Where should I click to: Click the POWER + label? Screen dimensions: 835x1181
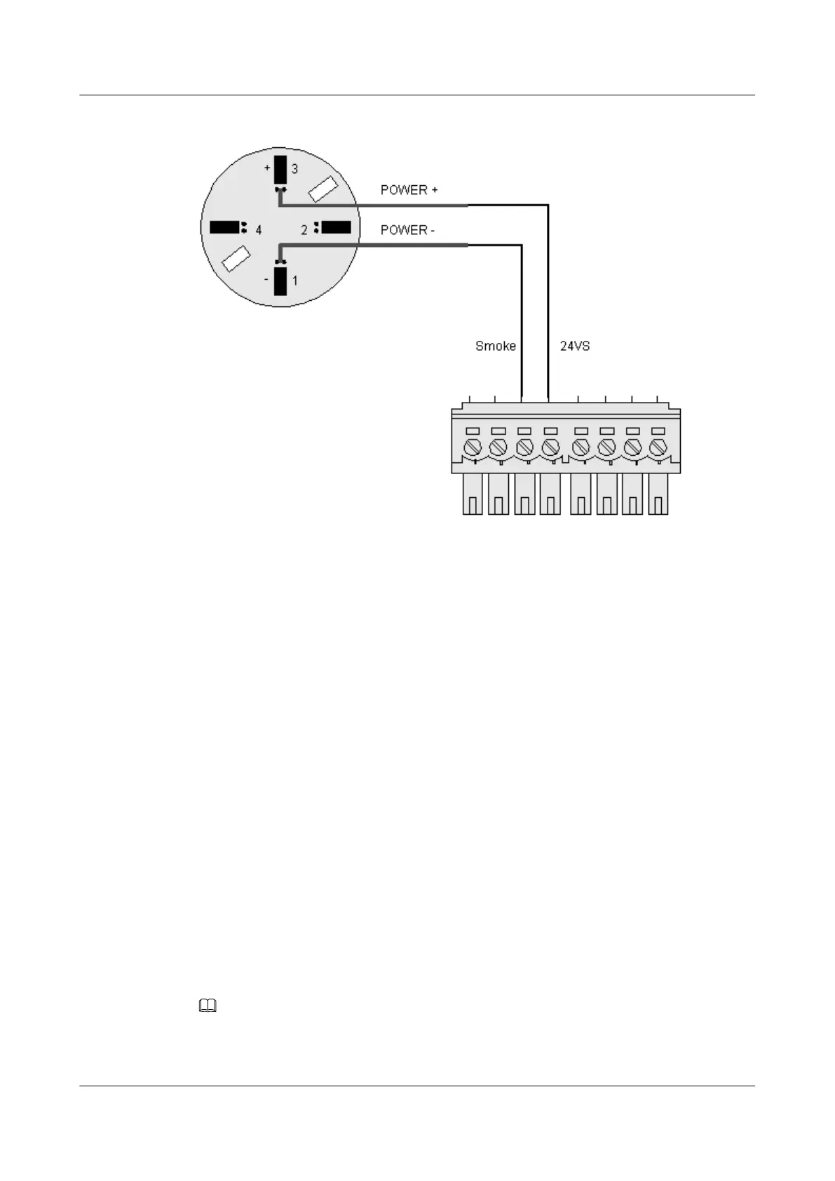coord(409,190)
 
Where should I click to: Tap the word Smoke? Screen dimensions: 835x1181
coord(495,346)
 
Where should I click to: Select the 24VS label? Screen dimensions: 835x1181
coord(575,346)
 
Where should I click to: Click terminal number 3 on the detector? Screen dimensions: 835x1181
coord(295,169)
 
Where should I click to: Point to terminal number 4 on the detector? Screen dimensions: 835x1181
coord(258,230)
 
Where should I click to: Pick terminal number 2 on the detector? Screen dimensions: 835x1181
coord(304,230)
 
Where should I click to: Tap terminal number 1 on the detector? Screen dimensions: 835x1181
coord(294,281)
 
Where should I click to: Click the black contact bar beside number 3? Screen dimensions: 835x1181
coord(281,170)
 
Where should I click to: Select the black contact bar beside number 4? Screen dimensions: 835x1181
coord(223,227)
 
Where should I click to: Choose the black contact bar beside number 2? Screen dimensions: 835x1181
coord(337,227)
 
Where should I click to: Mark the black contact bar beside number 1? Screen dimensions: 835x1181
coord(281,282)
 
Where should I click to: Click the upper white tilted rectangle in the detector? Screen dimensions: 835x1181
coord(323,189)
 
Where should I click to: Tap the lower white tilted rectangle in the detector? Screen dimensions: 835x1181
coord(236,259)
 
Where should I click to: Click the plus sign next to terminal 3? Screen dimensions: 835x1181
coord(267,168)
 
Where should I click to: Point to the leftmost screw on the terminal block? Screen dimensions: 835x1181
coord(472,447)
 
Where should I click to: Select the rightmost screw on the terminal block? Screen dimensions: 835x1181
coord(657,447)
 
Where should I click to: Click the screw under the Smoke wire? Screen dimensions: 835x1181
coord(524,447)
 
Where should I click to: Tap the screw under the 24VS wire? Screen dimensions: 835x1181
coord(550,447)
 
